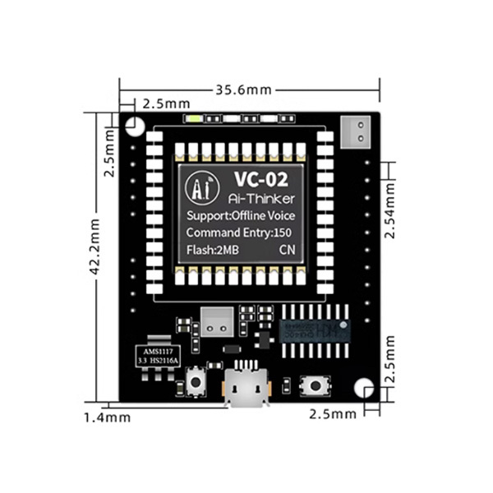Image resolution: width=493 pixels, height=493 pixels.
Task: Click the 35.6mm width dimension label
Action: pos(249,90)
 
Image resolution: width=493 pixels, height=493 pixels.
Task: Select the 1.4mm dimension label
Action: pos(107,417)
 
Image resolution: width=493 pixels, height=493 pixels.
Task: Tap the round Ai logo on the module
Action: pos(200,188)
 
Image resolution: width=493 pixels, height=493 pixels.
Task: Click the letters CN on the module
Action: pos(288,249)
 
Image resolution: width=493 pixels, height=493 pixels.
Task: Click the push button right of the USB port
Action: pos(315,384)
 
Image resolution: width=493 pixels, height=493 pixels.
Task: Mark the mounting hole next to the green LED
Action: pos(135,125)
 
